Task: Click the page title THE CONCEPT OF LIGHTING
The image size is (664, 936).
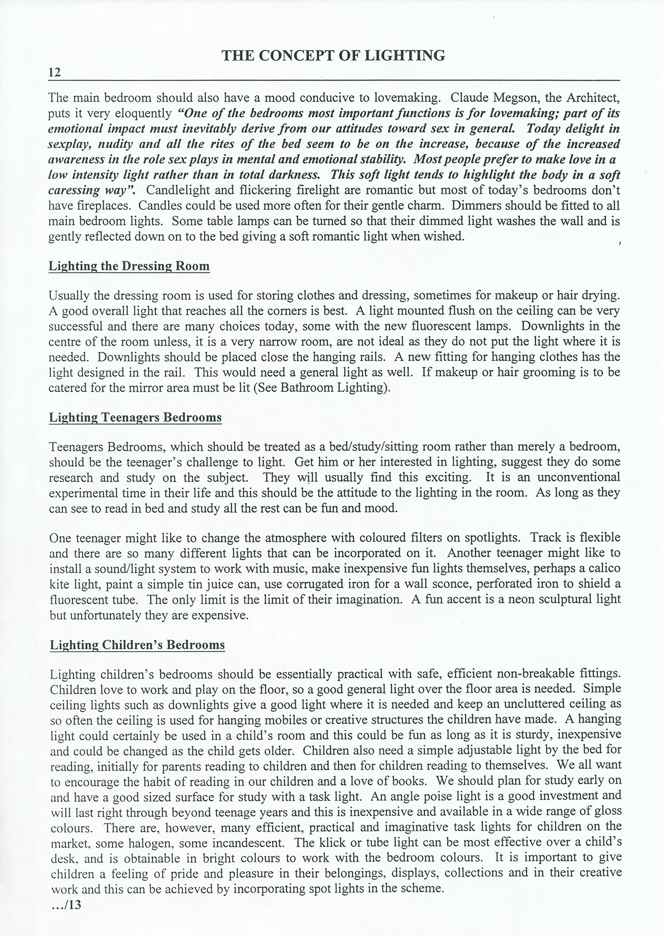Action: tap(334, 56)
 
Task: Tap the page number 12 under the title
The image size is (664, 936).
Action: tap(55, 73)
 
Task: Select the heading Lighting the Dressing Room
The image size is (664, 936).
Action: tap(129, 266)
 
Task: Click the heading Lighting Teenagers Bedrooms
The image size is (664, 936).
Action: tap(135, 417)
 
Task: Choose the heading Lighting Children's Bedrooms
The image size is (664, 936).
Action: tap(137, 645)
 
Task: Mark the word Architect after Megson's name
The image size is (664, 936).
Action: tap(593, 98)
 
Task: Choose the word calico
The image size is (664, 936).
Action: tap(605, 568)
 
